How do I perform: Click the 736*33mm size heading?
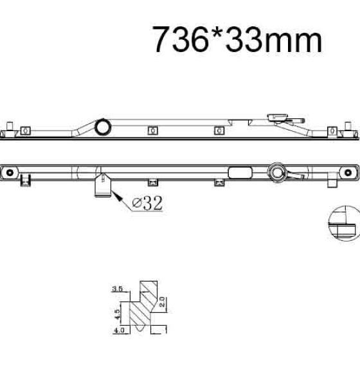click(237, 39)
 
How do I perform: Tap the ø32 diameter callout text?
click(147, 203)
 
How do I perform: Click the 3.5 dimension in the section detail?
click(118, 289)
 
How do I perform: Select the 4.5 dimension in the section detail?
click(117, 314)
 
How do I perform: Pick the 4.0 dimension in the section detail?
click(119, 330)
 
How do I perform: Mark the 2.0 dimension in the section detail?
click(162, 302)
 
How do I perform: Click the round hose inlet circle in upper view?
click(103, 127)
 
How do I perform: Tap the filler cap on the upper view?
click(278, 117)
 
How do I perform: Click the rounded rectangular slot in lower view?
click(240, 173)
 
